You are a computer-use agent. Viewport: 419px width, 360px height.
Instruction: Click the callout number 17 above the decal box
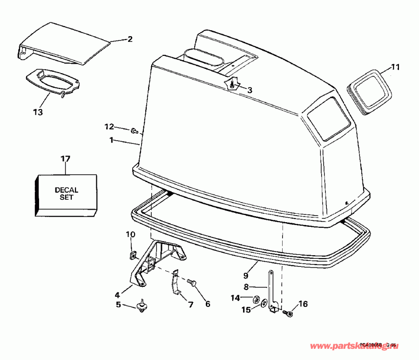point(65,159)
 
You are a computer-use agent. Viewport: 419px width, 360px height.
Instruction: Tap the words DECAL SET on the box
point(66,193)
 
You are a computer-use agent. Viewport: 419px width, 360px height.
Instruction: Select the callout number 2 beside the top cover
point(130,40)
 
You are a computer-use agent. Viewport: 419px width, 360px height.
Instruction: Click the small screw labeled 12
point(134,130)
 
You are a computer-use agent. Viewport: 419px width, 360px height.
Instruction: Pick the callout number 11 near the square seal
point(395,67)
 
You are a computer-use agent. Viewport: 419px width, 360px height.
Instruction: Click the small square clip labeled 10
point(131,254)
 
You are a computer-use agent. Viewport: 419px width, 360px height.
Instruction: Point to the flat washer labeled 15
point(264,304)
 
